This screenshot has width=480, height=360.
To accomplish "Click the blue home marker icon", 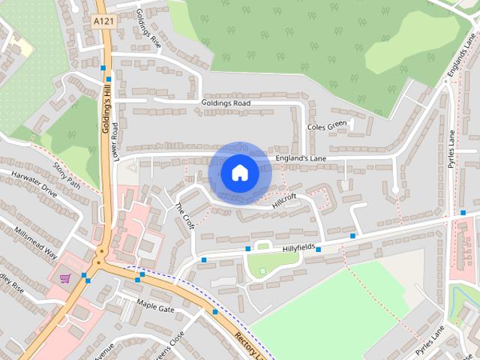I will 239,172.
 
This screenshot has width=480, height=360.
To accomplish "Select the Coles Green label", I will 328,126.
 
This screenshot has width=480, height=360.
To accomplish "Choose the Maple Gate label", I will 155,305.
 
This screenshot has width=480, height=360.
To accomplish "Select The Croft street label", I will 184,215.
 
